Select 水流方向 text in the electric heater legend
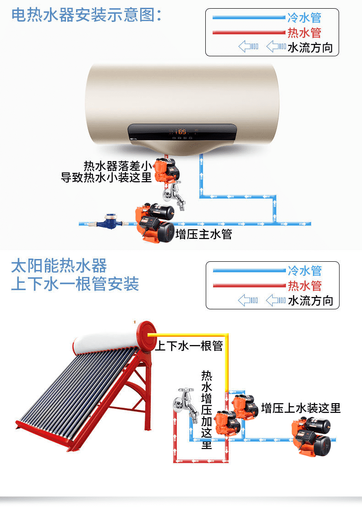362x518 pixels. pyautogui.click(x=310, y=47)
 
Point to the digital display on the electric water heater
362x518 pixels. pyautogui.click(x=182, y=132)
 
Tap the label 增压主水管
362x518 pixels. pyautogui.click(x=204, y=234)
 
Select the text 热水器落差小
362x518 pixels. pyautogui.click(x=117, y=165)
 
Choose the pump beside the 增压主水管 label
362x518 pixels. pyautogui.click(x=155, y=223)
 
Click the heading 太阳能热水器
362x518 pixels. pyautogui.click(x=59, y=265)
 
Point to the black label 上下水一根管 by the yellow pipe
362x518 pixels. pyautogui.click(x=189, y=346)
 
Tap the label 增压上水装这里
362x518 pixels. pyautogui.click(x=301, y=408)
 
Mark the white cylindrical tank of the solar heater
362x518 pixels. pyautogui.click(x=105, y=341)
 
